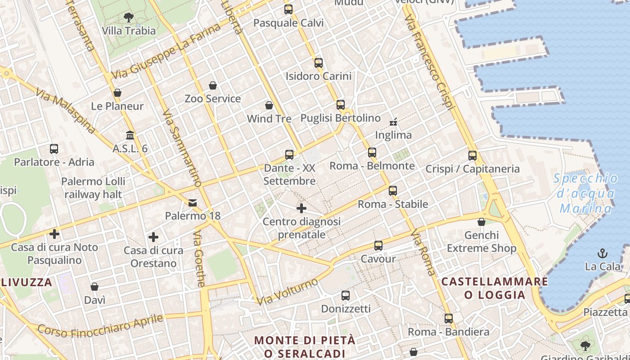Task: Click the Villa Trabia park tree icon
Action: pos(129,18)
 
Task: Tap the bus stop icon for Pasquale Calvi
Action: pos(288,9)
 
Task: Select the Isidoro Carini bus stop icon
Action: pos(319,63)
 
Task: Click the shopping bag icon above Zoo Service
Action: pos(213,85)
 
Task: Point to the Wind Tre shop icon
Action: pos(269,105)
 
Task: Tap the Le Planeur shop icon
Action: pos(117,93)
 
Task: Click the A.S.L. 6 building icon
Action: pos(130,135)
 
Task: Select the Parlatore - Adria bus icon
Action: pos(54,148)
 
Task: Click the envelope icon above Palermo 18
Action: pos(193,202)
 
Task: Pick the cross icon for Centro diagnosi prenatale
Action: pos(301,208)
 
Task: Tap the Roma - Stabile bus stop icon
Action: pos(393,190)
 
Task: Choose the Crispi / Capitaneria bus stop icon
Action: pos(472,156)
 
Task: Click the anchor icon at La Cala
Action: pos(602,253)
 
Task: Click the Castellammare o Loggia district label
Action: pos(495,288)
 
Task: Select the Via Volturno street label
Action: pos(288,291)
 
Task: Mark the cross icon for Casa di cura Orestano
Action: pos(153,237)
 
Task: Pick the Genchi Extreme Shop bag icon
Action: pos(481,222)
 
